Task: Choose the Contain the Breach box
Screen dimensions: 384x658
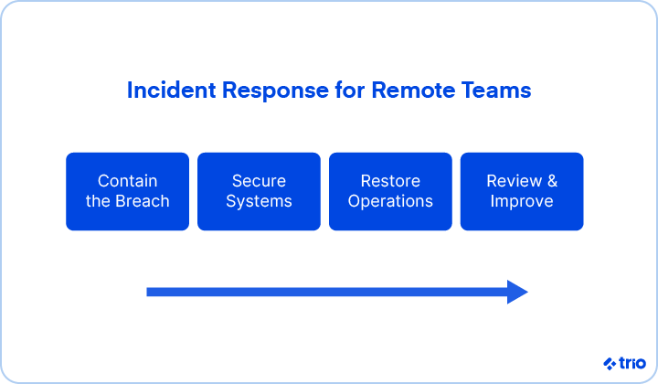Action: click(x=128, y=191)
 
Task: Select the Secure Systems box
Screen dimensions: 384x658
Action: click(x=259, y=191)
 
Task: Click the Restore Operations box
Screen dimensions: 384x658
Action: click(x=390, y=191)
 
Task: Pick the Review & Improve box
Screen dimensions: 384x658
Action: click(x=522, y=191)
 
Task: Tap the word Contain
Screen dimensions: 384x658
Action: click(x=128, y=181)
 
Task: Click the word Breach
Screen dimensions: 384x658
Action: click(x=142, y=201)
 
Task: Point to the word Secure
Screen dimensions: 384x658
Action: click(x=259, y=181)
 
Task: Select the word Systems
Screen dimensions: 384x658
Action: click(x=259, y=201)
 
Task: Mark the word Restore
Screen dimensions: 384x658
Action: click(x=390, y=181)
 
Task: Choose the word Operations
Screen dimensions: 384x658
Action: click(x=390, y=201)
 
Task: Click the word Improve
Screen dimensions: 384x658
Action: click(x=522, y=201)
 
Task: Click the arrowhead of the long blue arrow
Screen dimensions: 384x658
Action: click(x=517, y=292)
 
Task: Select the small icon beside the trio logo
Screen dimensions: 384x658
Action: click(x=610, y=363)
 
